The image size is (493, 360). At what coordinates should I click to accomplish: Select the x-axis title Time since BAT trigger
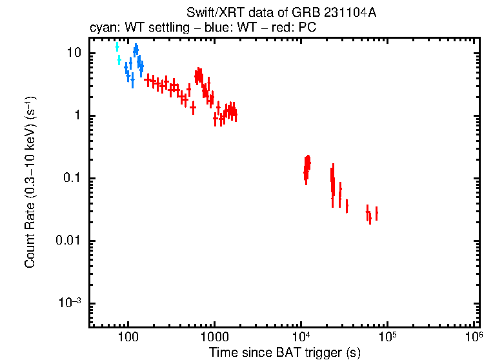point(285,352)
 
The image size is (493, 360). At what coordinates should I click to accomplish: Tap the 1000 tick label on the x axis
point(214,337)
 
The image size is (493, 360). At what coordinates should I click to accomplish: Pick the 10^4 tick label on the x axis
point(301,336)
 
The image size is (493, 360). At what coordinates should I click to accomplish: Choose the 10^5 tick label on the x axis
point(388,336)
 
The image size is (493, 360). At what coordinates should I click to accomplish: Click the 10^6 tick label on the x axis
point(474,336)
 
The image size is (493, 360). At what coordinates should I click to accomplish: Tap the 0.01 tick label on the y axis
point(71,241)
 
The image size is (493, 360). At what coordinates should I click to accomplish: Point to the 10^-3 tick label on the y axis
point(72,303)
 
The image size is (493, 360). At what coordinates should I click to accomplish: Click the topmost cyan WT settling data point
point(117,46)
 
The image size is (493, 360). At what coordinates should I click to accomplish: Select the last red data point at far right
point(376,213)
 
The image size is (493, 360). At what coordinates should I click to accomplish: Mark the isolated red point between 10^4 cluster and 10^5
point(347,206)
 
